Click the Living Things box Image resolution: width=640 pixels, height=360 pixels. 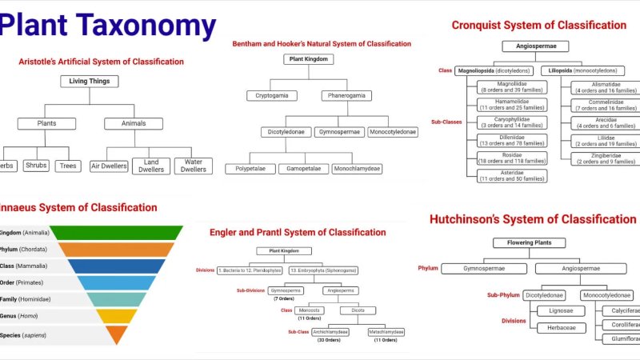point(90,81)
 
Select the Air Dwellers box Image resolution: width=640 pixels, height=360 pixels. point(108,166)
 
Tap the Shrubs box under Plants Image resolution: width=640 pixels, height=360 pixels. point(36,166)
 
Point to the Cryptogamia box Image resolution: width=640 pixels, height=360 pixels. point(272,96)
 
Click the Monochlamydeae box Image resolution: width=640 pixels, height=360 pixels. point(358,169)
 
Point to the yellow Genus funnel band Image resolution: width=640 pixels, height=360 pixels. point(117,316)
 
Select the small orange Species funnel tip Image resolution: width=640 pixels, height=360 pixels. point(117,334)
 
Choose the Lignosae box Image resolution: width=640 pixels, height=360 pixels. point(555,310)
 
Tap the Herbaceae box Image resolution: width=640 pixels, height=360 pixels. point(555,328)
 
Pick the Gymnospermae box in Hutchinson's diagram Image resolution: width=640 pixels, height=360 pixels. point(484,269)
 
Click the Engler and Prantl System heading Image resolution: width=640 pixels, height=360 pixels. point(298,232)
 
